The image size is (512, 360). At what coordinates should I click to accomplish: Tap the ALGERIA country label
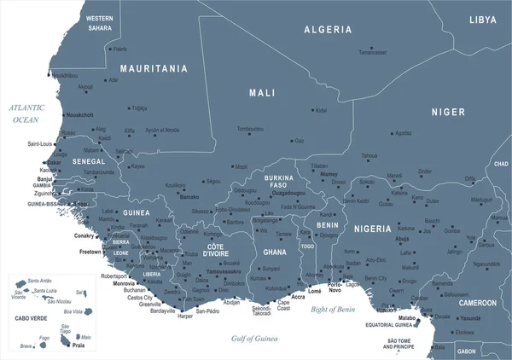[x=328, y=29]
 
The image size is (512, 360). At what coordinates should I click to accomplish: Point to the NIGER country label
[x=448, y=112]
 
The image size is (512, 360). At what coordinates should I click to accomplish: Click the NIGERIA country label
[x=372, y=229]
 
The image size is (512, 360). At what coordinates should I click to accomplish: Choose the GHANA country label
[x=275, y=253]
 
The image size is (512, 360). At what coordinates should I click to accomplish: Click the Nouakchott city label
[x=79, y=114]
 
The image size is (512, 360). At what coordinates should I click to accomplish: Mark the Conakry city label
[x=84, y=235]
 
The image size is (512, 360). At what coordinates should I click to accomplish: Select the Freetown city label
[x=90, y=253]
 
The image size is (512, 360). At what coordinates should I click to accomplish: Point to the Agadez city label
[x=403, y=133]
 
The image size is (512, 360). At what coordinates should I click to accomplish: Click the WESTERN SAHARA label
[x=100, y=23]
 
